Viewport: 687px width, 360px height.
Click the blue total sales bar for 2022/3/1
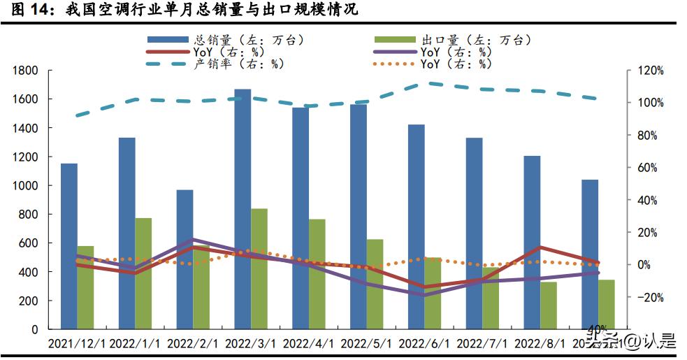pos(243,210)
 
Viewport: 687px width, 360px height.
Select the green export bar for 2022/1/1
pos(143,273)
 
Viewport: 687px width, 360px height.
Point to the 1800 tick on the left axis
pos(26,71)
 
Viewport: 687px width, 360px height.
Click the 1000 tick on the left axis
pos(26,186)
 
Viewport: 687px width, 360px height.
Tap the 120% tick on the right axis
pos(650,71)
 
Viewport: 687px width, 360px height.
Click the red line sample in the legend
pos(167,52)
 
